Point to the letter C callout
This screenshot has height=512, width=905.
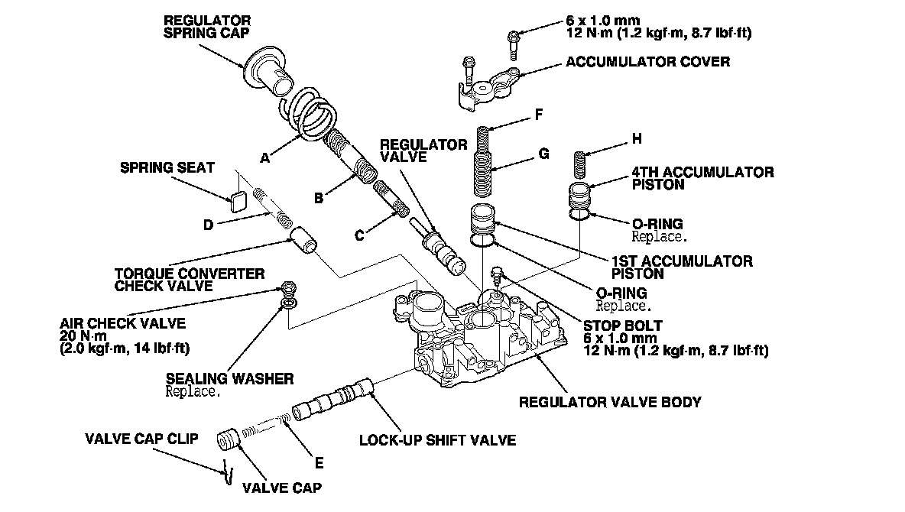358,235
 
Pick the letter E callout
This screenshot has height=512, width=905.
319,462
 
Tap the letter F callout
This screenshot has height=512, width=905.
538,115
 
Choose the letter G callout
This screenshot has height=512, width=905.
543,154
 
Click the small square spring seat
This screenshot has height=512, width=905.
237,201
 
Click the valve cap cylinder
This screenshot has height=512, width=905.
227,441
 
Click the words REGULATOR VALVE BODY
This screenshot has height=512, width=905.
609,402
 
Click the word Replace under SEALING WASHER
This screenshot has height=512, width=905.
193,392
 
